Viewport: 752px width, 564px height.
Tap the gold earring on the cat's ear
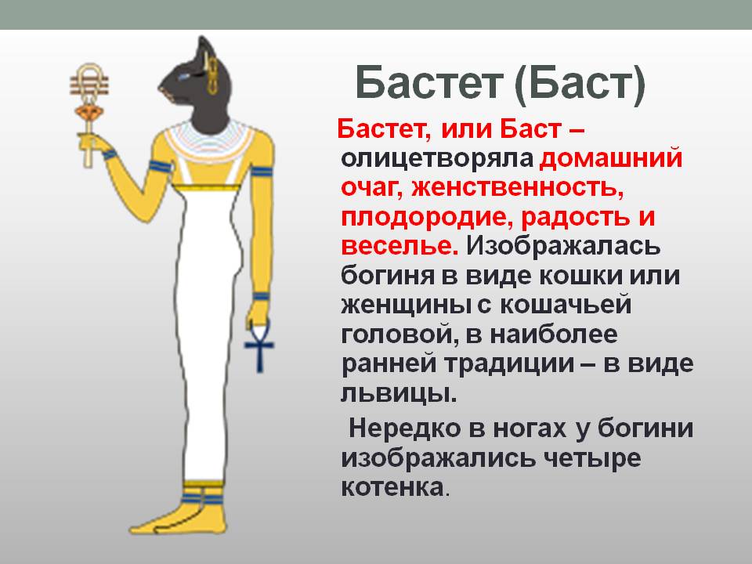(211, 76)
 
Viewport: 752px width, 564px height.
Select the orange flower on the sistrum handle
(89, 113)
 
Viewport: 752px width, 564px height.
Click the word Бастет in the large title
(429, 82)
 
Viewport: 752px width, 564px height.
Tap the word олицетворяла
(437, 159)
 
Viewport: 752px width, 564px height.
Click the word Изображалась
(563, 247)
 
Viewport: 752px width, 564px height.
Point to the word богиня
(388, 276)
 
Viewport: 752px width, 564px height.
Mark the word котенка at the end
(392, 488)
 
